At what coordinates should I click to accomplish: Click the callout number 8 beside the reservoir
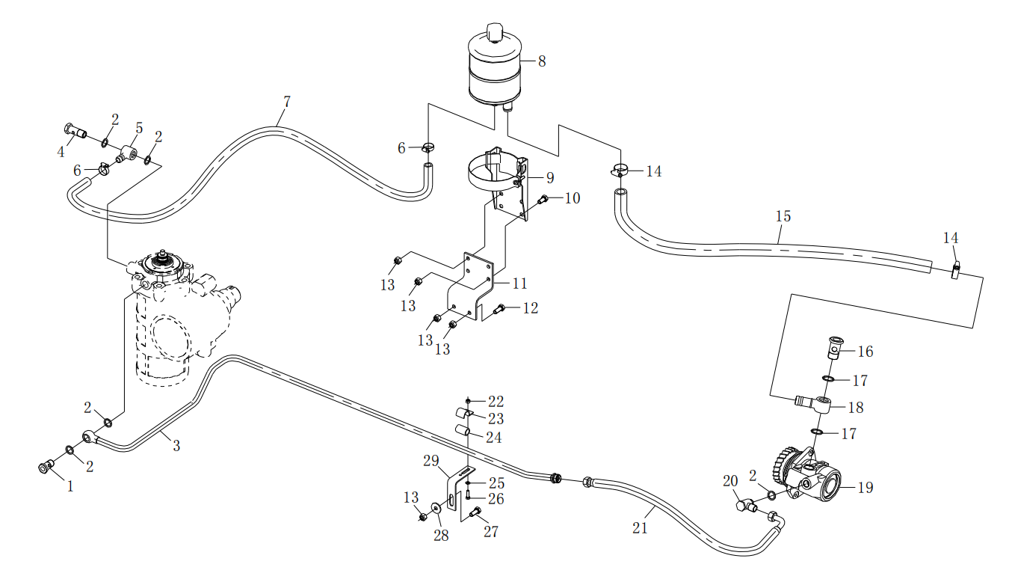click(542, 61)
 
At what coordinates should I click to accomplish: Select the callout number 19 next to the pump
click(865, 488)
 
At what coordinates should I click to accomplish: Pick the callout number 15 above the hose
click(783, 217)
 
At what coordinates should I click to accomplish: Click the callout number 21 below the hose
click(640, 528)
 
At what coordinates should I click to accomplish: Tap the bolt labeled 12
click(500, 307)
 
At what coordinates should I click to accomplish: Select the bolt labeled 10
click(543, 199)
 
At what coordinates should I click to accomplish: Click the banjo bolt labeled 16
click(835, 347)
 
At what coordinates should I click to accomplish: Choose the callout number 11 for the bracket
click(519, 284)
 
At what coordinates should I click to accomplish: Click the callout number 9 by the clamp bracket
click(549, 178)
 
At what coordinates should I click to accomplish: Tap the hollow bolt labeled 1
click(46, 467)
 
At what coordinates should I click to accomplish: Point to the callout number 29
click(431, 462)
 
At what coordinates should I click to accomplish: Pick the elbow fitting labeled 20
click(744, 506)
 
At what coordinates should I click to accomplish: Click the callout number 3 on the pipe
click(176, 446)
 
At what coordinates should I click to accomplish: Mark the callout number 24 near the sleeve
click(493, 438)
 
